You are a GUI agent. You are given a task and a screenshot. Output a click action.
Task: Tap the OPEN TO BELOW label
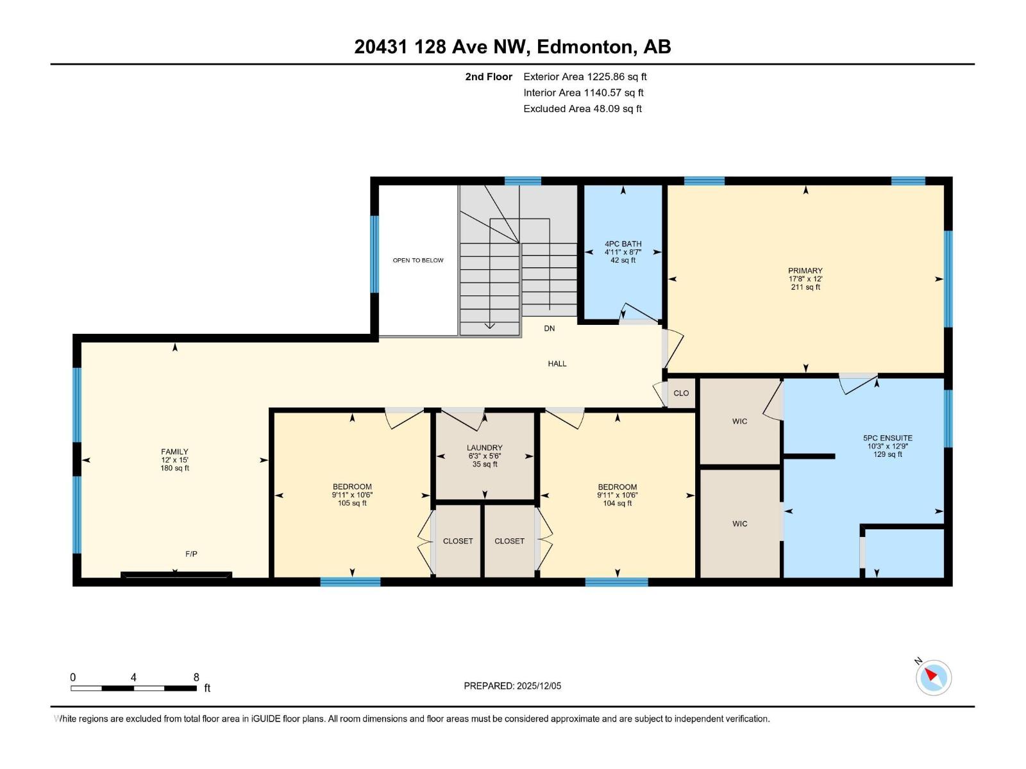point(418,260)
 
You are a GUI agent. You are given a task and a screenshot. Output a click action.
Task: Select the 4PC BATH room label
point(623,244)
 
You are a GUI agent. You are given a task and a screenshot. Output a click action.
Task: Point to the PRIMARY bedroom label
point(805,270)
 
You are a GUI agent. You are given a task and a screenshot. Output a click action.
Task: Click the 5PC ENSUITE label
point(887,438)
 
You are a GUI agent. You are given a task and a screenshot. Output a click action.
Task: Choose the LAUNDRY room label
point(485,448)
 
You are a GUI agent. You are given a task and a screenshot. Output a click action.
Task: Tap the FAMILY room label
point(174,452)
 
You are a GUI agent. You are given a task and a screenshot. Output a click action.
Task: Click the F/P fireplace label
point(191,554)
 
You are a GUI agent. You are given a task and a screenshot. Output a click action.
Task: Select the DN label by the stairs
point(550,328)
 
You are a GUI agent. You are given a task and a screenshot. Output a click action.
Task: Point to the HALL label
point(557,363)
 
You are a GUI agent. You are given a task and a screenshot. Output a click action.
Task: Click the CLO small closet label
point(681,393)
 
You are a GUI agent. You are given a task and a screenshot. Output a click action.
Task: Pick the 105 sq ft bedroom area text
point(352,503)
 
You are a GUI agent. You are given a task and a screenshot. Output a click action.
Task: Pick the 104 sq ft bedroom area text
point(618,503)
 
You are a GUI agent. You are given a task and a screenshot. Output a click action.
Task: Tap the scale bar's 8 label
point(196,677)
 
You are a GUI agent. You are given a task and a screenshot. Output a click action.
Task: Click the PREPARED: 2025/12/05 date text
point(512,686)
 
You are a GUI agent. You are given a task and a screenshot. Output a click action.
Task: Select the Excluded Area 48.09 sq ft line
point(582,109)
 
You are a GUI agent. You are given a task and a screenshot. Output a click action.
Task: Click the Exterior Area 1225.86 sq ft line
point(585,77)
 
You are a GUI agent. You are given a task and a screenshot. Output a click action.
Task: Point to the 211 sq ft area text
point(805,287)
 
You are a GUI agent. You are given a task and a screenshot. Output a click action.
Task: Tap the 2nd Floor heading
point(489,77)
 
